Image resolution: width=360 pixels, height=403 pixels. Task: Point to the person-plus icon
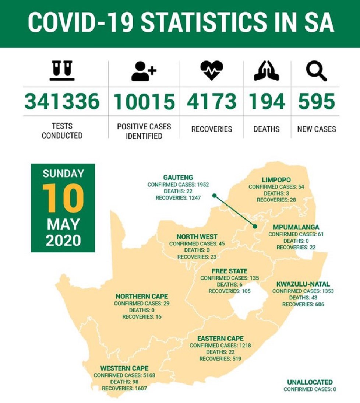pyautogui.click(x=144, y=71)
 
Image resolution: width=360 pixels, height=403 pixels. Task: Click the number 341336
pyautogui.click(x=62, y=102)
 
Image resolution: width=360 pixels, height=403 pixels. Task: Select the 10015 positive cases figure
pyautogui.click(x=144, y=102)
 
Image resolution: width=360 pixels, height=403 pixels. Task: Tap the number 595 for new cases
pyautogui.click(x=316, y=102)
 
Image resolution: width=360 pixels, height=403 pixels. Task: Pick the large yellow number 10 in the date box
pyautogui.click(x=63, y=198)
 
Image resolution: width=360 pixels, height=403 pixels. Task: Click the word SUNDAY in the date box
pyautogui.click(x=63, y=174)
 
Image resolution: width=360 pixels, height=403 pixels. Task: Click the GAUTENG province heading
pyautogui.click(x=178, y=178)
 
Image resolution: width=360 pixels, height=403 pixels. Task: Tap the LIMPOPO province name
pyautogui.click(x=276, y=180)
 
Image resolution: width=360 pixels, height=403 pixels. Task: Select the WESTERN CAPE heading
pyautogui.click(x=124, y=368)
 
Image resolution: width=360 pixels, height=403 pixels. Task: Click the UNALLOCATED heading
pyautogui.click(x=310, y=382)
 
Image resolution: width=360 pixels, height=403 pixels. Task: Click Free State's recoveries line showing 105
pyautogui.click(x=229, y=291)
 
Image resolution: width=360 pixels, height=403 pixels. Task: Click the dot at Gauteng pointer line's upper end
pyautogui.click(x=214, y=196)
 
